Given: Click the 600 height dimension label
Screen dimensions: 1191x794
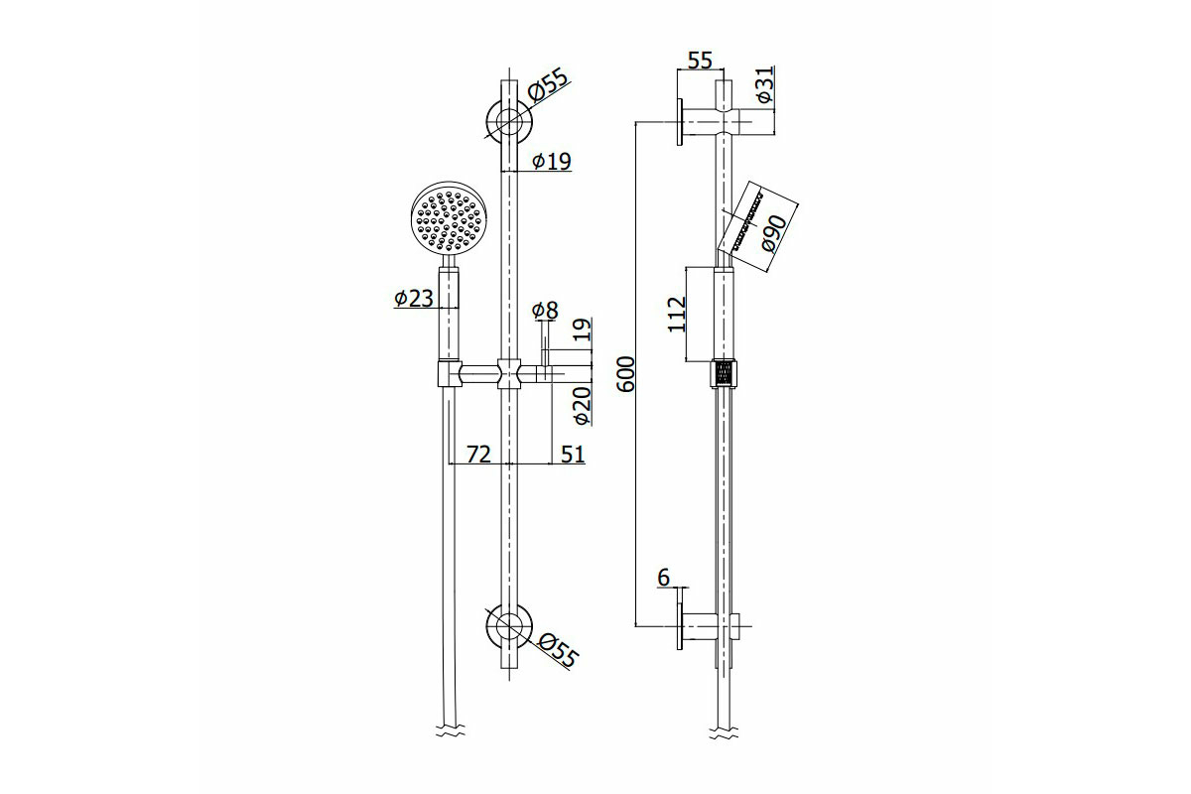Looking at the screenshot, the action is (627, 374).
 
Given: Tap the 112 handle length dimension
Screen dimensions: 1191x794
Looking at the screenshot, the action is (677, 315).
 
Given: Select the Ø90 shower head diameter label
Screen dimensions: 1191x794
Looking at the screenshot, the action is (773, 233).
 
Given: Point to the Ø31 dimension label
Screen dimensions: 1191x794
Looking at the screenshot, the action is (764, 85).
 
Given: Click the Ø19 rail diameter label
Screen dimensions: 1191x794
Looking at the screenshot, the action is (552, 161).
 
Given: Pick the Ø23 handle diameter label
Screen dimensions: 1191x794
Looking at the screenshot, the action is (414, 299).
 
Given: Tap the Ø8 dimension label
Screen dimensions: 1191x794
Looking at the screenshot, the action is (545, 311).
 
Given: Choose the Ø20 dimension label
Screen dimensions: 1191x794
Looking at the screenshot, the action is (583, 405).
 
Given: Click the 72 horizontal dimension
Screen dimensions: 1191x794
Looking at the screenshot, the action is (478, 455).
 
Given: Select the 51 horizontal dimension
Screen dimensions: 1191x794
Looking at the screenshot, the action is (573, 455).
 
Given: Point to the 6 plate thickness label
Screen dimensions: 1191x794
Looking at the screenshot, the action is (664, 578).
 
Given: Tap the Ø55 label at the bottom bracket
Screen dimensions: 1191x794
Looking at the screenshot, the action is (557, 651).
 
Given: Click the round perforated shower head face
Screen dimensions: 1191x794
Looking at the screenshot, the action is (450, 218).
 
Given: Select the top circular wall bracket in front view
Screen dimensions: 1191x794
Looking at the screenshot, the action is (509, 120).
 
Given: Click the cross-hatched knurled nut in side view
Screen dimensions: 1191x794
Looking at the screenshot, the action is (724, 374).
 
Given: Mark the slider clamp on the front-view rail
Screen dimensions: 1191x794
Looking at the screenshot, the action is (509, 373).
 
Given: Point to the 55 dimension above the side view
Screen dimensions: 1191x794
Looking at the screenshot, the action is (700, 61).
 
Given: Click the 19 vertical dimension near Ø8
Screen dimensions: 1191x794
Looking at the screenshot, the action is (583, 330).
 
